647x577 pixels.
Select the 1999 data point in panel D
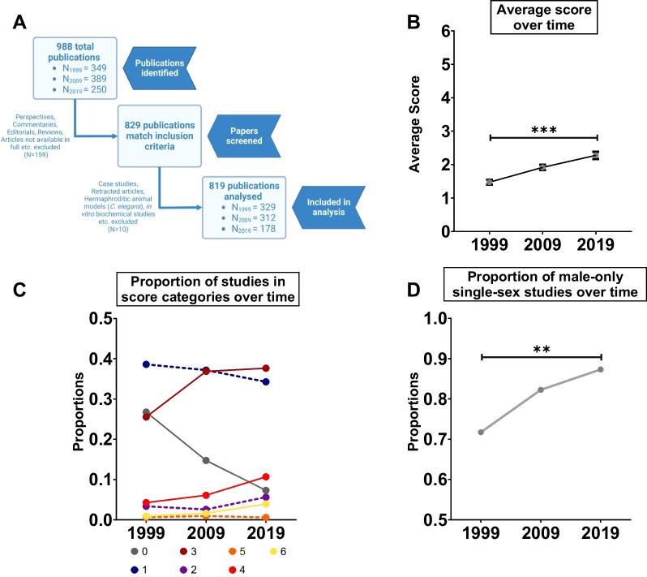click(x=481, y=432)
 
